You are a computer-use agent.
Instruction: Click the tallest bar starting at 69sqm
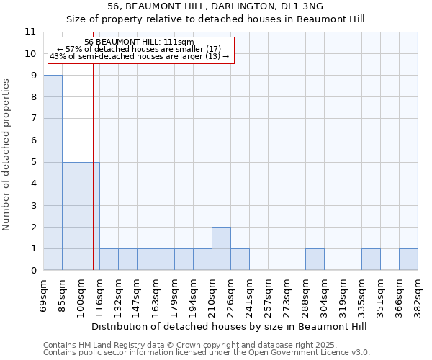[53, 173]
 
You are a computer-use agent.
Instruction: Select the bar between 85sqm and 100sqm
[71, 216]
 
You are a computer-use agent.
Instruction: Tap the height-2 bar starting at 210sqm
[221, 249]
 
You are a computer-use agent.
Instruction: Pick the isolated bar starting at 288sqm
[315, 260]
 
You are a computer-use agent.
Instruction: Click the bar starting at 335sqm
[371, 260]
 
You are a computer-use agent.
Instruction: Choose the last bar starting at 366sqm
[408, 260]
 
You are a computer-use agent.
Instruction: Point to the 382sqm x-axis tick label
[418, 295]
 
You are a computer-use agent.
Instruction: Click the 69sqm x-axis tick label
[44, 295]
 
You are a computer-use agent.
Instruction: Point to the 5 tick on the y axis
[33, 162]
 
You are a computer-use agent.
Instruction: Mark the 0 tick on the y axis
[33, 271]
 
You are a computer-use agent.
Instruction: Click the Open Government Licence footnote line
[207, 352]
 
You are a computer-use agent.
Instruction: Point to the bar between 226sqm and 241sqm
[240, 260]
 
